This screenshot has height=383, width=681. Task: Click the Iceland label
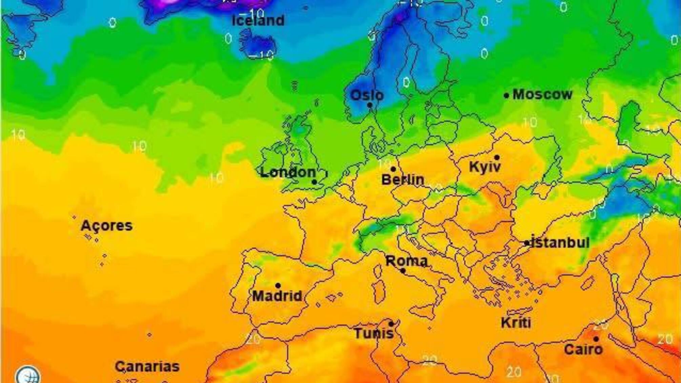click(258, 21)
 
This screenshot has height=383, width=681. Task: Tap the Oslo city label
click(367, 95)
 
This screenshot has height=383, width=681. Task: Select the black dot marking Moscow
click(506, 96)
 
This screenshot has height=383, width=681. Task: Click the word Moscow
click(542, 95)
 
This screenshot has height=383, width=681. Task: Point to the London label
click(288, 173)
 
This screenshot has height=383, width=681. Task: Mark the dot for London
click(314, 182)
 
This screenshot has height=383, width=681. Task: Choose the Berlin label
click(403, 180)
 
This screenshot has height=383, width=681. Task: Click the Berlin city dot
click(393, 169)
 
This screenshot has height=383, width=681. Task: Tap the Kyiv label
click(485, 167)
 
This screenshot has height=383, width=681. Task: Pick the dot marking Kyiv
click(497, 158)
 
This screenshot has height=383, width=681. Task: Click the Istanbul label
click(560, 243)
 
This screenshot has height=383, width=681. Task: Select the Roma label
click(407, 261)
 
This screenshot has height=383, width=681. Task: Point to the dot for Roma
click(403, 270)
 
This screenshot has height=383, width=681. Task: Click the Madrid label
click(277, 296)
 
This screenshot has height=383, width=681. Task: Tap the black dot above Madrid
click(278, 286)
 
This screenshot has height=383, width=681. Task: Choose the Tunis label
click(374, 334)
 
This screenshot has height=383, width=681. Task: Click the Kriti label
click(516, 323)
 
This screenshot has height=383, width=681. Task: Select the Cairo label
click(583, 349)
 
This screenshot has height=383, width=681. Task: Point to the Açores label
click(106, 226)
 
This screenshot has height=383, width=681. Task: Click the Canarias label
click(147, 367)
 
